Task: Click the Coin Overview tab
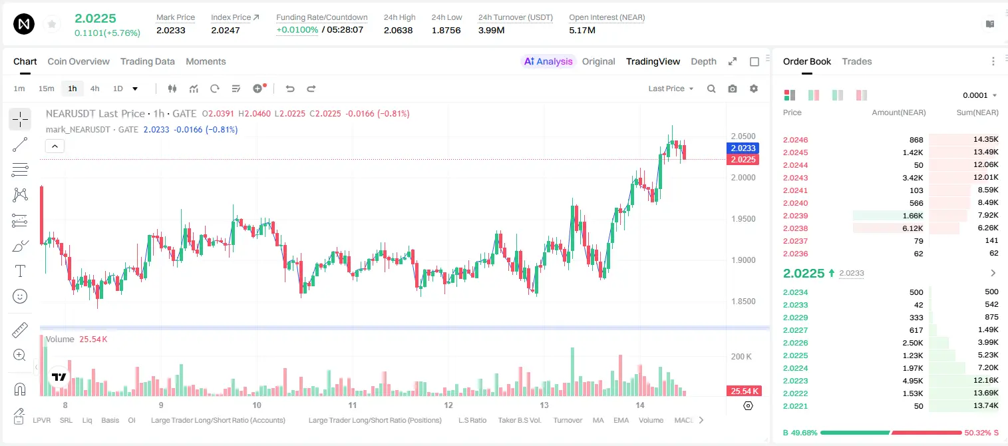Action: coord(79,61)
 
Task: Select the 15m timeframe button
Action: coord(46,89)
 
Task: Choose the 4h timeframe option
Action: coord(94,89)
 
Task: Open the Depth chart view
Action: coord(703,61)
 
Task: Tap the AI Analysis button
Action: coord(548,61)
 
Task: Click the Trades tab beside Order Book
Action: coord(857,61)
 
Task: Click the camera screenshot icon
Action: coord(733,89)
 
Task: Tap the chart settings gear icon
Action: coord(754,89)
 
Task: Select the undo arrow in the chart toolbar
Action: coord(290,89)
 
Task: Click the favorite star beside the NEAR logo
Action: coord(52,24)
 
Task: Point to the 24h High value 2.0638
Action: coord(399,30)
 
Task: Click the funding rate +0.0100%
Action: coord(297,30)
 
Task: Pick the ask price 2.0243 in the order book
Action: coord(795,178)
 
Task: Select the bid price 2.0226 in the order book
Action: coord(795,343)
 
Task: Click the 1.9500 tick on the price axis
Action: coord(743,219)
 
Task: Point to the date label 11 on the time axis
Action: coord(353,405)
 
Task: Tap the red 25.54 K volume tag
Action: coord(744,391)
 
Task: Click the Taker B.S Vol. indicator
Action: coord(519,420)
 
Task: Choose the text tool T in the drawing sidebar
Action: coord(20,271)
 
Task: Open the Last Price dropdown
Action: coord(671,89)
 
